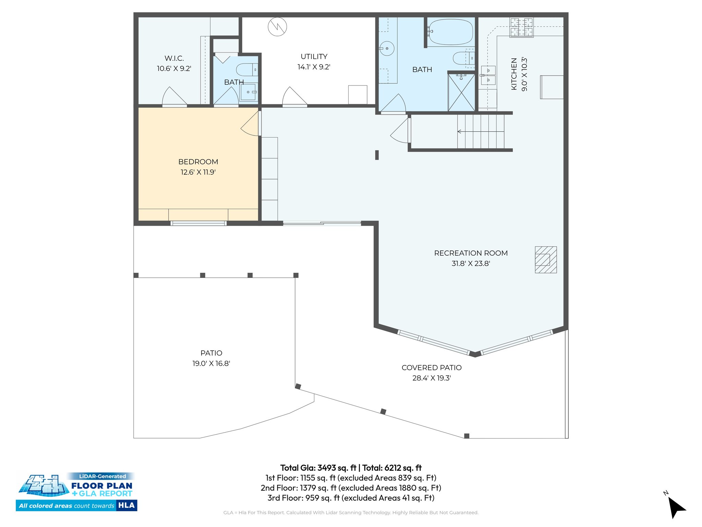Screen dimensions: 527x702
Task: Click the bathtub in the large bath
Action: coord(450,32)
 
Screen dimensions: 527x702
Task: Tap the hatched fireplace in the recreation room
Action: coord(546,260)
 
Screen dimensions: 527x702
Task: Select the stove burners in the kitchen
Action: coord(521,27)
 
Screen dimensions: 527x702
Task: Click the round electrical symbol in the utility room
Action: coord(277,27)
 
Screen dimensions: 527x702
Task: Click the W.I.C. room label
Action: coord(174,58)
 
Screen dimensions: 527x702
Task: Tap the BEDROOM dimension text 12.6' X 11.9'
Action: coord(198,172)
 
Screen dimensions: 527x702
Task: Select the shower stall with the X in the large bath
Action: coord(461,92)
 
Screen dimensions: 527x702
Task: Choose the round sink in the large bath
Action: coord(387,49)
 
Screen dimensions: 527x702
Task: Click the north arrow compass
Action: coord(676,507)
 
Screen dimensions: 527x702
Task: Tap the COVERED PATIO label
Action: coord(432,368)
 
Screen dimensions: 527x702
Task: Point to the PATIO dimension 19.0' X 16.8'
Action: coord(211,364)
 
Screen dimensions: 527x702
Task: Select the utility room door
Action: coord(294,97)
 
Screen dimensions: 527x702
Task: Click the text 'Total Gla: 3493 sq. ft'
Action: coord(318,468)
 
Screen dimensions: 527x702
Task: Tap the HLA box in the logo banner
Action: coord(126,505)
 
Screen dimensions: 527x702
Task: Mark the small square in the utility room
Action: coord(358,94)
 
